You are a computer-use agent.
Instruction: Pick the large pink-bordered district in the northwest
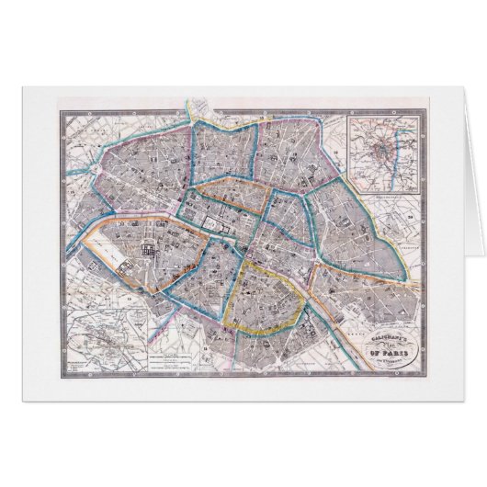click(x=156, y=175)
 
